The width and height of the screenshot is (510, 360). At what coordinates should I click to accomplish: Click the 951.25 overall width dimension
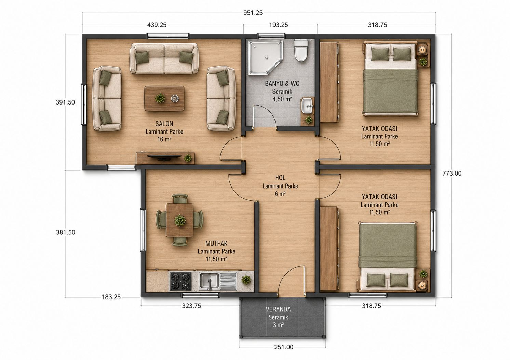253,13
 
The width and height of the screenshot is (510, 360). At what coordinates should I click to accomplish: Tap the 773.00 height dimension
452,174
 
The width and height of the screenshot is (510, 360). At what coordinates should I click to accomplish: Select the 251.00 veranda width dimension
284,347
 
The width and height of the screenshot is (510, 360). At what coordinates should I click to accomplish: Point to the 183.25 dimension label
111,297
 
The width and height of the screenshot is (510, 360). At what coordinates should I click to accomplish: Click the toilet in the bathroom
301,51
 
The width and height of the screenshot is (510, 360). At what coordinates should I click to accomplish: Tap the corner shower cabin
265,57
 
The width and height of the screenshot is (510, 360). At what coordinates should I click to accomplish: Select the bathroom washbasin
307,106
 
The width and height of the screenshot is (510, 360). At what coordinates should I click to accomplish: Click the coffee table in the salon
164,98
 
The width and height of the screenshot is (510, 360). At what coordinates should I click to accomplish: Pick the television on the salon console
164,157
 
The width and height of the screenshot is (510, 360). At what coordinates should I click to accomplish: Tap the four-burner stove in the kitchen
181,281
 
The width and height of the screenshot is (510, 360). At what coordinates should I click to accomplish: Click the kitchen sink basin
209,281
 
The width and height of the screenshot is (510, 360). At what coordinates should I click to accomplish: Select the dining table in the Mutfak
180,220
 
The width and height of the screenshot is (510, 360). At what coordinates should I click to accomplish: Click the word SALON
164,124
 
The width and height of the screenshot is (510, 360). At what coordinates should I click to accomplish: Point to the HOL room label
280,178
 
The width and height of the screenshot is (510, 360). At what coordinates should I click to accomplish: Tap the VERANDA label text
278,309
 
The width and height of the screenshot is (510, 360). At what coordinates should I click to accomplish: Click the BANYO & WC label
282,84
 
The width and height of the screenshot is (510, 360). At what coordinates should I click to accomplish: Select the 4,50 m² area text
282,99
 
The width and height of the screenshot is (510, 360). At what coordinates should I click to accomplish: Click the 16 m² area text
164,139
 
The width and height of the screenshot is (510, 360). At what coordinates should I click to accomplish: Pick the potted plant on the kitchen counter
246,280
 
